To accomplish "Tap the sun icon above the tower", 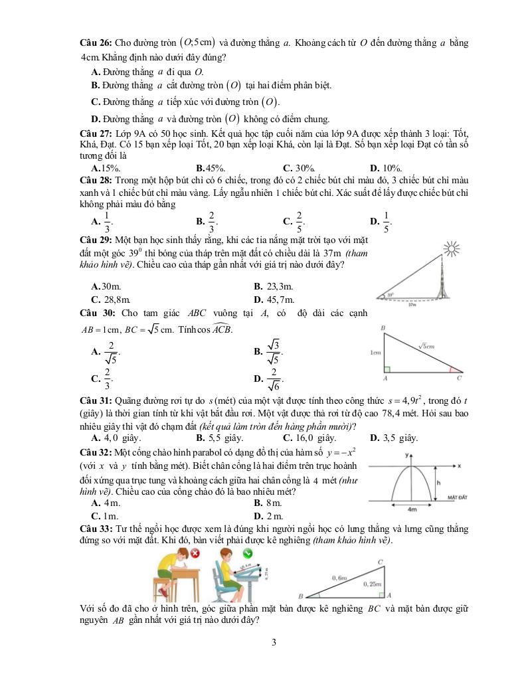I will click(453, 250).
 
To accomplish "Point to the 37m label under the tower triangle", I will click(412, 305).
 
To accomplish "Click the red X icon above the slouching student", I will click(195, 552).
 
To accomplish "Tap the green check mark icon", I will click(246, 552).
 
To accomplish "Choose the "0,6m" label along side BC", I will click(339, 578).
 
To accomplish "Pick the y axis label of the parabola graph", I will click(406, 455).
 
